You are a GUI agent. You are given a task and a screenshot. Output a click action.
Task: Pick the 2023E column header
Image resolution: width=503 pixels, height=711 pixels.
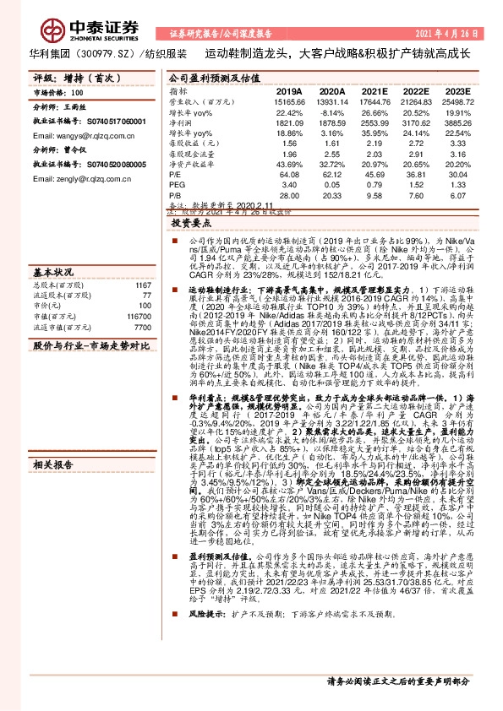tap(459, 90)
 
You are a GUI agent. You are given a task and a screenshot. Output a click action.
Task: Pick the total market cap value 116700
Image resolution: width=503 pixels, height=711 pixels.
tap(137, 314)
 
